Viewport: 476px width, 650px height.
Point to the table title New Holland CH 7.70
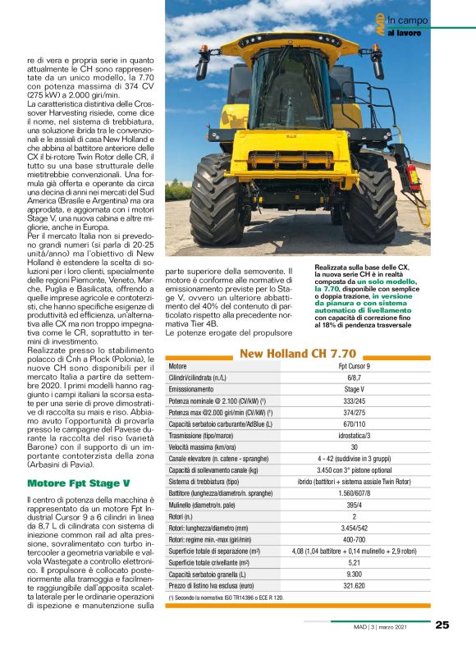pos(298,354)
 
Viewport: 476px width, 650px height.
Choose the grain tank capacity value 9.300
pos(355,574)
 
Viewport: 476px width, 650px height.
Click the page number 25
pos(442,625)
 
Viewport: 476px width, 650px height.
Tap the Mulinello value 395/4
pos(355,507)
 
